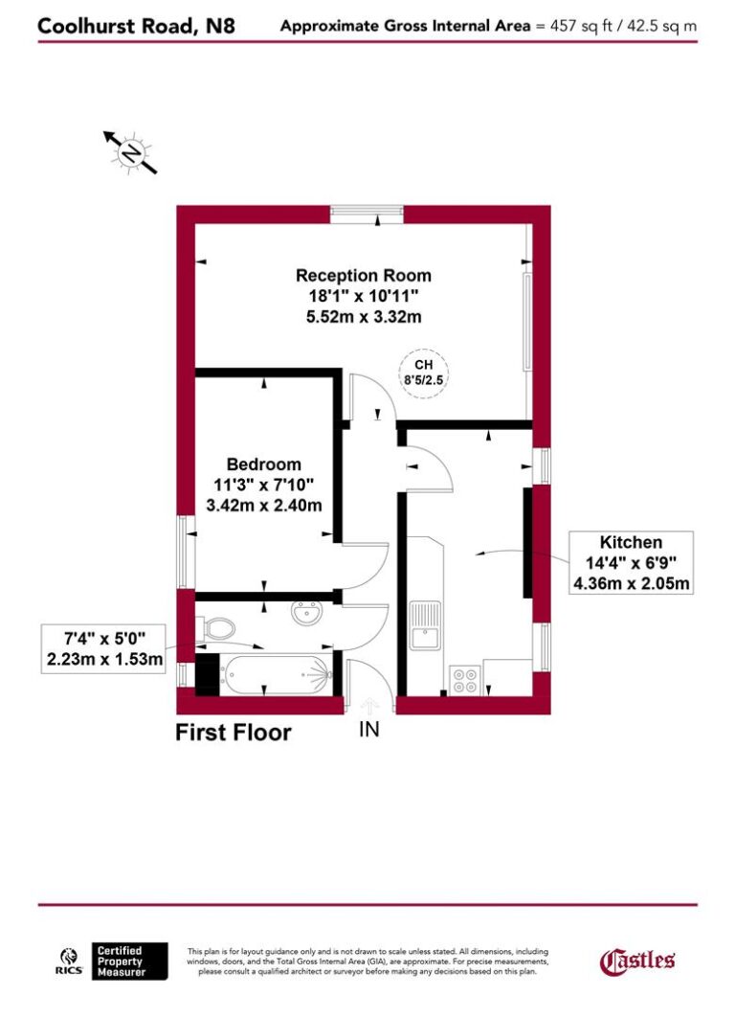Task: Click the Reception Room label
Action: (363, 276)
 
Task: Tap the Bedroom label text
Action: (263, 464)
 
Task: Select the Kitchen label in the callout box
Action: (631, 541)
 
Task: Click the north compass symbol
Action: (130, 152)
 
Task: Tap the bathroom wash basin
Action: (307, 611)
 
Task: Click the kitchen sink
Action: (422, 622)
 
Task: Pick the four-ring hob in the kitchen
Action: (464, 678)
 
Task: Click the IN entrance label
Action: (369, 730)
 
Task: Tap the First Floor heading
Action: (233, 734)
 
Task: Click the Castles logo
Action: (637, 961)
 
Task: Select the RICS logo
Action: (70, 961)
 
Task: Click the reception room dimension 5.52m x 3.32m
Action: (363, 315)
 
